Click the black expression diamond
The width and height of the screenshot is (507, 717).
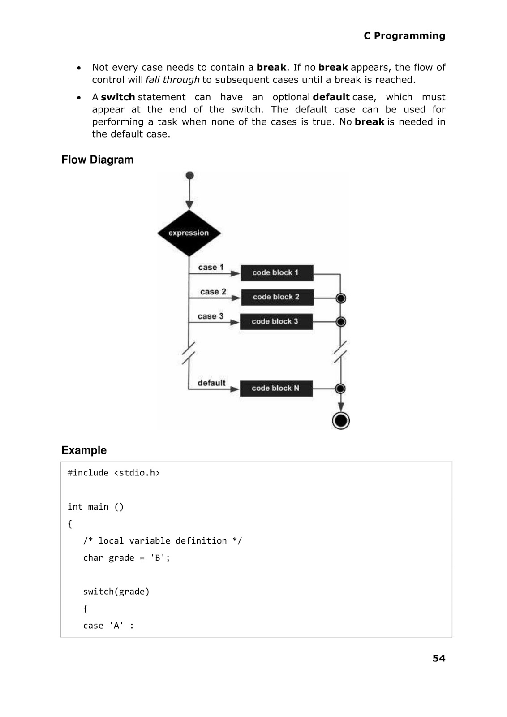click(x=189, y=233)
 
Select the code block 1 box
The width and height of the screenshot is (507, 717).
click(x=276, y=272)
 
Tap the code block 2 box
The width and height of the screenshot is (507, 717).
click(x=277, y=297)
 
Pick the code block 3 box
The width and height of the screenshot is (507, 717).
click(x=276, y=321)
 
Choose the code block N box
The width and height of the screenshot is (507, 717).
click(x=276, y=388)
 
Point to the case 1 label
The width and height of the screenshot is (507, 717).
click(x=211, y=267)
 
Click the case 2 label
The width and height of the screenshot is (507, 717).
click(x=213, y=292)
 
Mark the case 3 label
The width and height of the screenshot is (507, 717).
click(x=211, y=316)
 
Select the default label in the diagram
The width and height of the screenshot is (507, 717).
click(x=211, y=383)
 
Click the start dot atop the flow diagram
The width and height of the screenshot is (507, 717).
click(x=189, y=175)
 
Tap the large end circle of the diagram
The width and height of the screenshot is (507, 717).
click(x=341, y=421)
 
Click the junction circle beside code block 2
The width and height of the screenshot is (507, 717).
click(x=341, y=298)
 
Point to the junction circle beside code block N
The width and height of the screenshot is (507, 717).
click(x=340, y=389)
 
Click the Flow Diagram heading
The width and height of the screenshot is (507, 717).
click(x=98, y=160)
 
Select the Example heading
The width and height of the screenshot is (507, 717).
click(x=84, y=450)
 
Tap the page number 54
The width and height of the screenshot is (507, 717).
click(x=439, y=658)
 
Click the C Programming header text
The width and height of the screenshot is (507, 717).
click(x=404, y=36)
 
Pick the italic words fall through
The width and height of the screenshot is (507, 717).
click(x=172, y=80)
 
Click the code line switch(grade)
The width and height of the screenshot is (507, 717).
click(x=116, y=592)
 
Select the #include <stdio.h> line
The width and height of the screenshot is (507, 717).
click(x=114, y=473)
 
